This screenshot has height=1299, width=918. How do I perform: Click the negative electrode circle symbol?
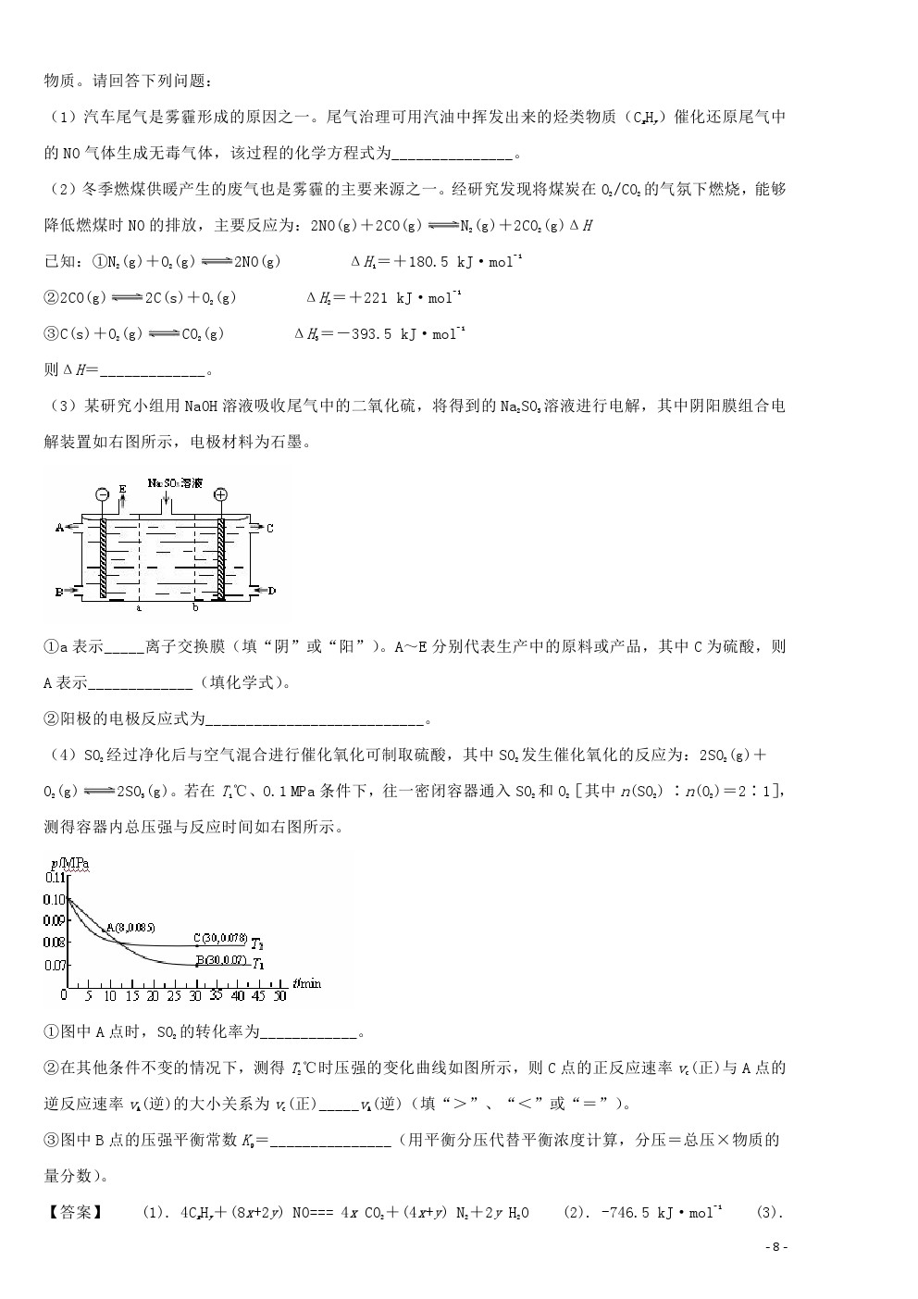pyautogui.click(x=101, y=494)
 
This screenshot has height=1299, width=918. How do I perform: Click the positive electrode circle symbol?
pyautogui.click(x=220, y=494)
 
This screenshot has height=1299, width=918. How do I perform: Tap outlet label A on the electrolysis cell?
pyautogui.click(x=59, y=528)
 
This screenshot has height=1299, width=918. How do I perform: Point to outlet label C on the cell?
pyautogui.click(x=270, y=529)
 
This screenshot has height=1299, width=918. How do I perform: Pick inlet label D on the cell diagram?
pyautogui.click(x=272, y=591)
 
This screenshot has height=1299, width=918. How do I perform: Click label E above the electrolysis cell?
pyautogui.click(x=122, y=488)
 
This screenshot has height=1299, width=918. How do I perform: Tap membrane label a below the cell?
pyautogui.click(x=139, y=608)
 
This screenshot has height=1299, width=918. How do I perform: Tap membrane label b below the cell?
pyautogui.click(x=195, y=608)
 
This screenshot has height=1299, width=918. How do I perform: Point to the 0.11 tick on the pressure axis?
pyautogui.click(x=55, y=877)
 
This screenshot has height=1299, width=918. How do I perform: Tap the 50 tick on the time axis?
pyautogui.click(x=280, y=995)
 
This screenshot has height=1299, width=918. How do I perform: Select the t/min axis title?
pyautogui.click(x=308, y=982)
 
